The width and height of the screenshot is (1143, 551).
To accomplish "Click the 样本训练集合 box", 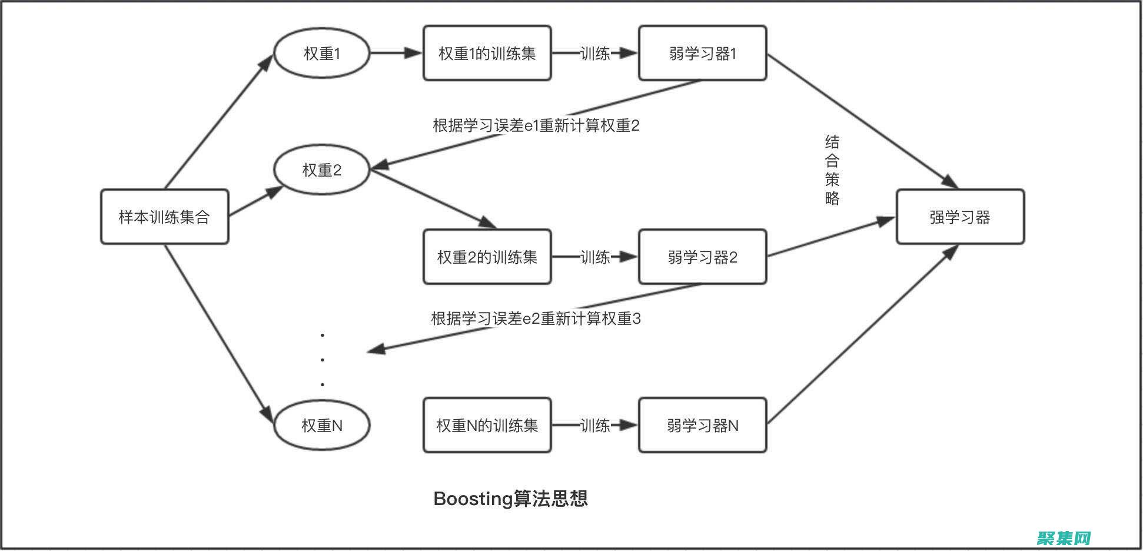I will tap(164, 217).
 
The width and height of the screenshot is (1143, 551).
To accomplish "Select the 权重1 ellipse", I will tap(322, 54).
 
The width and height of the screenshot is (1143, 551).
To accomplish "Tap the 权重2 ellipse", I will tap(322, 170).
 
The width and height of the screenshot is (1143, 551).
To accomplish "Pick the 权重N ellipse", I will tap(322, 425).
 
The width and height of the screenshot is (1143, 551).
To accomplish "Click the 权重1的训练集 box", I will tap(487, 54).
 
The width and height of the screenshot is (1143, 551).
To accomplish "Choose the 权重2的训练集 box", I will tap(487, 257).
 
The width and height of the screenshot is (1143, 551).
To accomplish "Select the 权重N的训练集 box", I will tap(487, 425).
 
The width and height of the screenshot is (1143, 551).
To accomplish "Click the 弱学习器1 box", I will tap(702, 54).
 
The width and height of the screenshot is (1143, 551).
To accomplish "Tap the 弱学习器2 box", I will tap(702, 257).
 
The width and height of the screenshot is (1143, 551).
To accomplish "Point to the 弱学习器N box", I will tap(702, 425).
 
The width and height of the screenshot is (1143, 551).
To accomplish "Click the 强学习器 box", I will tap(960, 217).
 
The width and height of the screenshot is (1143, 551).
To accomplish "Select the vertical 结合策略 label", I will tap(832, 170).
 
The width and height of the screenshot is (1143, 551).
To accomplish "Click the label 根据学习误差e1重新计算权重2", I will tap(536, 125).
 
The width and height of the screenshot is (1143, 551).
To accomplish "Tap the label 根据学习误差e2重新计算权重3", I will tap(536, 318).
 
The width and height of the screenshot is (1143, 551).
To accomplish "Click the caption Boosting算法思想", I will tap(510, 499).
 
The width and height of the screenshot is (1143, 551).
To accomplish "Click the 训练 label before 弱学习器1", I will tap(595, 54).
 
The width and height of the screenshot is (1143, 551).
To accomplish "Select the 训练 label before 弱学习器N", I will tap(595, 425).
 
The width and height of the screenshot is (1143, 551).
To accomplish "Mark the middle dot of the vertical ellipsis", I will tap(323, 360).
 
